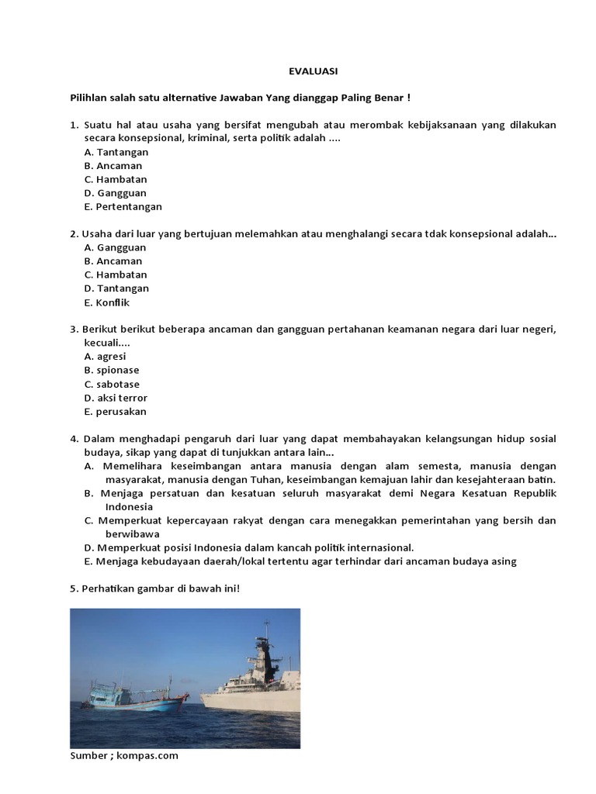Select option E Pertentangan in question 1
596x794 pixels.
tap(123, 206)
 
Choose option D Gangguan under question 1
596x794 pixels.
tap(116, 192)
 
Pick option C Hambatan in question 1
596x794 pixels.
tap(116, 179)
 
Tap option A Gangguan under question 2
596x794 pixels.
tap(116, 247)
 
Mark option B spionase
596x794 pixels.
tap(112, 370)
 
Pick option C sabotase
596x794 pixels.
tap(112, 384)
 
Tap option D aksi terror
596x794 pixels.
tap(116, 398)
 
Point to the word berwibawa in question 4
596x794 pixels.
tap(133, 533)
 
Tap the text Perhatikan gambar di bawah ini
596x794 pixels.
tap(155, 589)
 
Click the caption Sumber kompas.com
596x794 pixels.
tap(124, 755)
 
